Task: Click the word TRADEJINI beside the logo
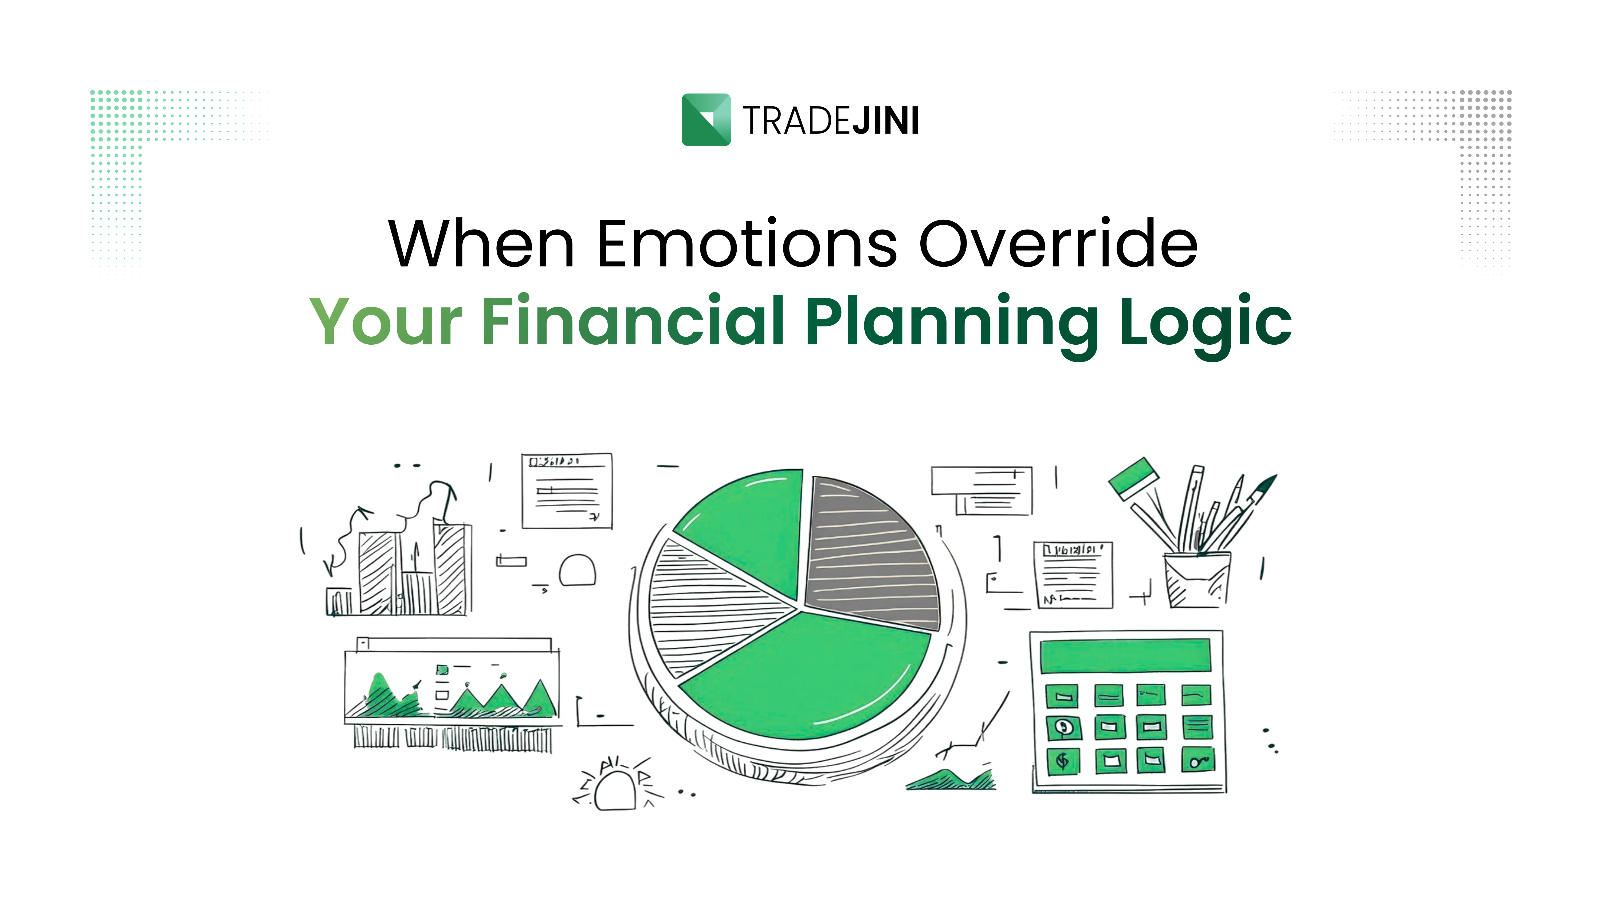(x=831, y=121)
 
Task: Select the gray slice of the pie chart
(x=871, y=553)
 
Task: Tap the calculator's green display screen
(x=1126, y=655)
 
